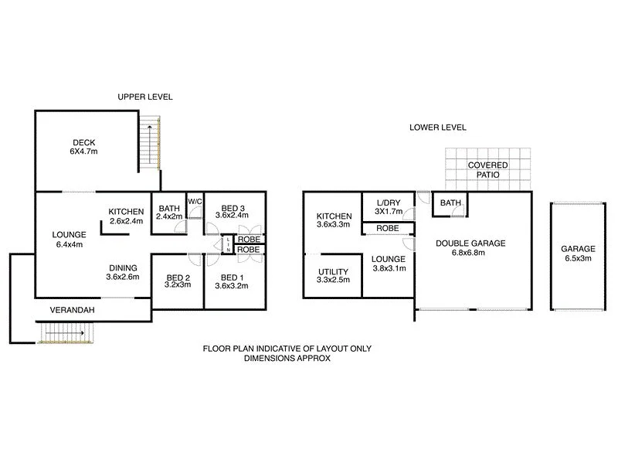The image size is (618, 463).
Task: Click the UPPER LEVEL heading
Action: pyautogui.click(x=145, y=97)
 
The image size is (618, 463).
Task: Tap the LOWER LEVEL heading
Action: pyautogui.click(x=438, y=128)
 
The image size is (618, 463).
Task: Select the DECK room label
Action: pyautogui.click(x=83, y=142)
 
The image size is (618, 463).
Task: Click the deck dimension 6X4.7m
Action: pyautogui.click(x=83, y=152)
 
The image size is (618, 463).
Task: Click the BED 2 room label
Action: pyautogui.click(x=178, y=278)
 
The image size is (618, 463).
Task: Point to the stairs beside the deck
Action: pyautogui.click(x=152, y=145)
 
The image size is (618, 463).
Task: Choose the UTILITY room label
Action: pyautogui.click(x=333, y=271)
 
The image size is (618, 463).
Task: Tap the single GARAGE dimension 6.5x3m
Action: pyautogui.click(x=578, y=259)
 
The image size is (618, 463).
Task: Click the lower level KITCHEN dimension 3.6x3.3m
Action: pyautogui.click(x=334, y=226)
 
